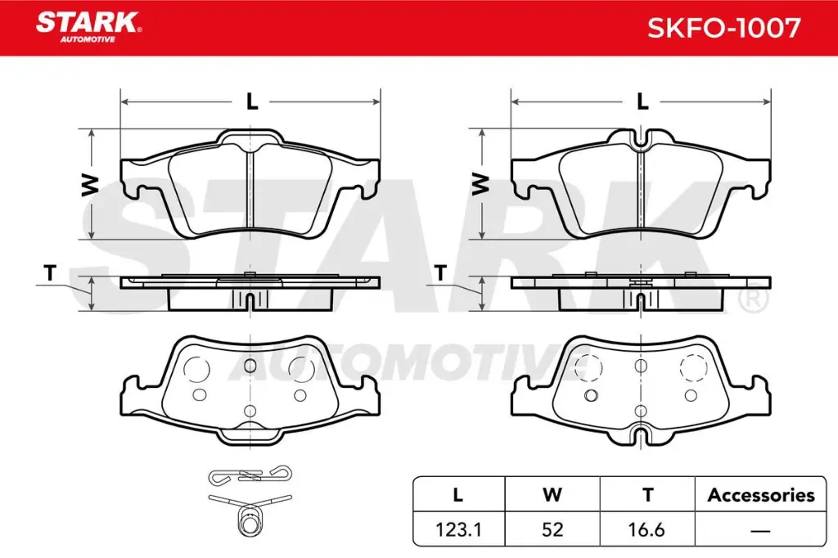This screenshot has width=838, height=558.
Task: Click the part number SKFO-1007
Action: tap(723, 28)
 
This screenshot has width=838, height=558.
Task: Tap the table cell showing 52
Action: tap(552, 529)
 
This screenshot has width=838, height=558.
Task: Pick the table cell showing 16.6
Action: tap(647, 529)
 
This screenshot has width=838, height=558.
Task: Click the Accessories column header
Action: tap(760, 495)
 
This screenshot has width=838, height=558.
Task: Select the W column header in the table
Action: tap(552, 495)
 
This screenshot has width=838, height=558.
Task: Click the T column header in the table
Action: tap(647, 495)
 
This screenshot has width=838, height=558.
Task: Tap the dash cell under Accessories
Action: tap(760, 529)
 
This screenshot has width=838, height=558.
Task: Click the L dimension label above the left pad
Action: tap(252, 102)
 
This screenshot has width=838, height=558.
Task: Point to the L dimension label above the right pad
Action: tap(642, 102)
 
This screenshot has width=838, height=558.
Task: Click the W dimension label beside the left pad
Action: tap(91, 183)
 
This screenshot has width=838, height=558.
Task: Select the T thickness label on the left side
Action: tap(50, 274)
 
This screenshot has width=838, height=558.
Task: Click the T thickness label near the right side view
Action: tap(440, 274)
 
